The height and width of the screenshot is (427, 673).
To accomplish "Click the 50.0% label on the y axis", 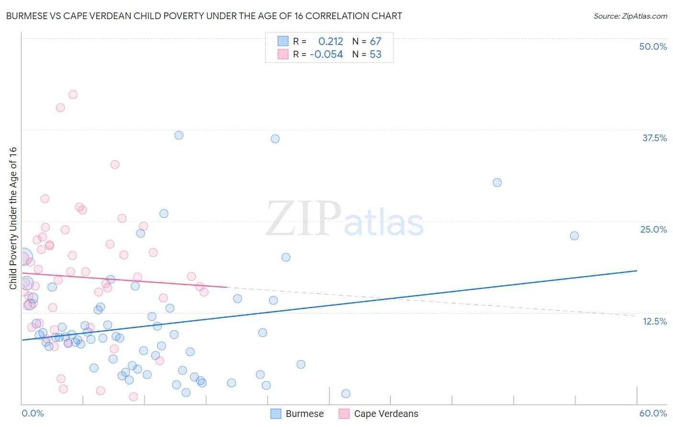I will click(x=653, y=46).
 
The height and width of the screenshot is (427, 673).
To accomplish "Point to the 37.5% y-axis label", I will click(x=654, y=138).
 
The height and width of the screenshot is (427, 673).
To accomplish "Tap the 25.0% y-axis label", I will click(x=653, y=229).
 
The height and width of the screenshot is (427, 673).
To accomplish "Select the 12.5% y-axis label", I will click(x=654, y=321).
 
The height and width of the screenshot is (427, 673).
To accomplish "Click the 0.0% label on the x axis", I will click(x=33, y=413).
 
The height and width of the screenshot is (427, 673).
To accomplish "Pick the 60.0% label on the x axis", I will click(x=653, y=413).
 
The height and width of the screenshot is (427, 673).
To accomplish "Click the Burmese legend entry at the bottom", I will click(x=297, y=414).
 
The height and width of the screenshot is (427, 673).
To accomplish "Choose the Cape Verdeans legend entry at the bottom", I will click(x=379, y=414).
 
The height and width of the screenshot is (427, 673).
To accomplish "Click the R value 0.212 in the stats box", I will click(x=331, y=42).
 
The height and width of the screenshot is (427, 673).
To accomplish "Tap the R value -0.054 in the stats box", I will click(x=326, y=55).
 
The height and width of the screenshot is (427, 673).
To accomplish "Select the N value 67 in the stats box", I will click(x=375, y=42).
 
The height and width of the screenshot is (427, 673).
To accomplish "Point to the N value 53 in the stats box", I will click(x=375, y=55).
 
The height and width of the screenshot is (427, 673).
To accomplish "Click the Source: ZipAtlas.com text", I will click(x=630, y=16).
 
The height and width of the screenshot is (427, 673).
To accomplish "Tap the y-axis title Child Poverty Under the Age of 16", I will click(x=13, y=218).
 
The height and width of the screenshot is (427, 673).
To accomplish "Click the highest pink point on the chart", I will click(x=73, y=94).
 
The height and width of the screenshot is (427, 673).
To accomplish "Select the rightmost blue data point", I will click(x=574, y=236).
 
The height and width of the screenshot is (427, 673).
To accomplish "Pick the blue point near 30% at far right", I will click(x=497, y=182).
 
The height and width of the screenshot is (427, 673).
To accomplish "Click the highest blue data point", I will click(x=179, y=135).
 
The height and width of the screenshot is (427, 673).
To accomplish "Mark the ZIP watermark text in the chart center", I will click(x=303, y=219).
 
